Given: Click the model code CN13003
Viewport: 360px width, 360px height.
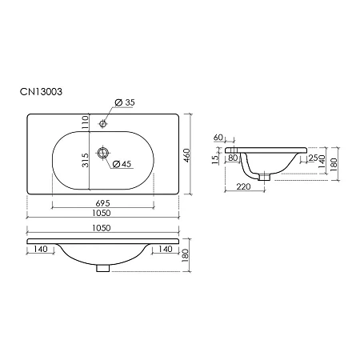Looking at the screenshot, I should [x=46, y=91].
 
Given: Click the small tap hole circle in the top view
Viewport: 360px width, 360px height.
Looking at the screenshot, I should [x=102, y=124].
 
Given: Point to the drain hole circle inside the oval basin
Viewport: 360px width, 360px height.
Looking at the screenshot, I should [x=102, y=153].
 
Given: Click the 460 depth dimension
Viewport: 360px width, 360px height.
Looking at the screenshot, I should [x=186, y=154].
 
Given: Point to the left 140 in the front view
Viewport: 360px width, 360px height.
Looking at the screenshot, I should [x=42, y=250].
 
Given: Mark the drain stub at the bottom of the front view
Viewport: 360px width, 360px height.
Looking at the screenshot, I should [x=102, y=267].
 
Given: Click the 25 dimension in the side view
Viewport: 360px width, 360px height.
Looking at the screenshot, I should [x=314, y=158].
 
